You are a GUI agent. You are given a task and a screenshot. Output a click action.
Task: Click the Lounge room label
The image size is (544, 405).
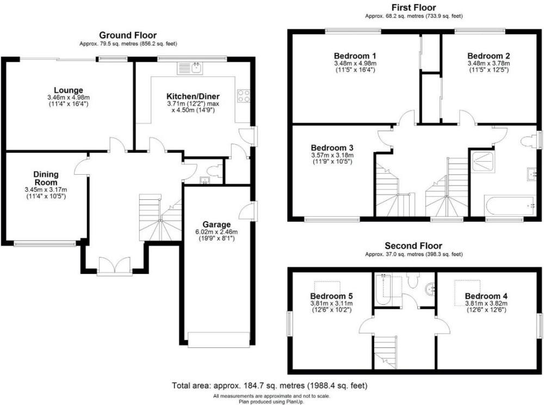coord(69,90)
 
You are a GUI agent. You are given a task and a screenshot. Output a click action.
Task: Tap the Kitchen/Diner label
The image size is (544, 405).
coord(193,96)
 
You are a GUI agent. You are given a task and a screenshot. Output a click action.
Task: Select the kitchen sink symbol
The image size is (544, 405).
coord(190,69)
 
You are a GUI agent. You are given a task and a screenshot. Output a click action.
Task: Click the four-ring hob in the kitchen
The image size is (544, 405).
coord(244,96)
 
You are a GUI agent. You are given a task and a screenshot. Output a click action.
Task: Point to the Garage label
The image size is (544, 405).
coord(217,224)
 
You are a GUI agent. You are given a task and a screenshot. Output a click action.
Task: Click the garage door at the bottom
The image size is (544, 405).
coord(219,340)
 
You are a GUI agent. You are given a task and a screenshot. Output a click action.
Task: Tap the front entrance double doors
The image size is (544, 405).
coord(114,267)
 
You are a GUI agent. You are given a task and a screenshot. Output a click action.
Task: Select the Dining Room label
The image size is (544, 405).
coord(46,179)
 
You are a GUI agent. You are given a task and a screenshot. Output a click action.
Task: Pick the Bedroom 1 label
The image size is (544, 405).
coord(355,56)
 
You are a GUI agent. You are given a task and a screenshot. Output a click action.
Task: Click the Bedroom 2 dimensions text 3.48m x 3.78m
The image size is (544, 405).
coord(489,64)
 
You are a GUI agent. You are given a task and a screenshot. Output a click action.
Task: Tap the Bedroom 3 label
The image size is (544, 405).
coord(332,148)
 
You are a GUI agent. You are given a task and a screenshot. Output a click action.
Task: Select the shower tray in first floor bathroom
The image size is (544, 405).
coord(483,162)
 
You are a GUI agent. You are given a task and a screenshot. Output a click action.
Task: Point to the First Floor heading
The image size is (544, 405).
coord(413,7)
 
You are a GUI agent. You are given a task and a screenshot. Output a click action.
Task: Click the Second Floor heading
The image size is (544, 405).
coord(413,246)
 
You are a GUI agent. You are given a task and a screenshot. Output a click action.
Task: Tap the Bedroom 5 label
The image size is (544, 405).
coord(331,296)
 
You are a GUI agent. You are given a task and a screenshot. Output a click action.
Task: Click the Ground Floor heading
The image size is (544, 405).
coord(128,35)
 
